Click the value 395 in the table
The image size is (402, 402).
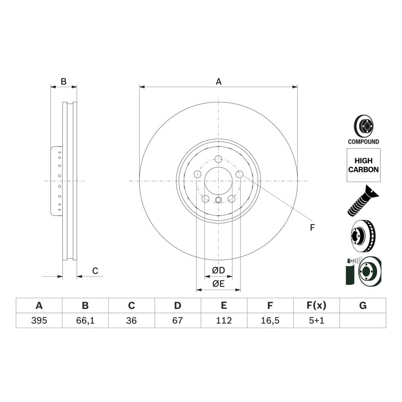click(39, 320)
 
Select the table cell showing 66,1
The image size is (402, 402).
click(85, 320)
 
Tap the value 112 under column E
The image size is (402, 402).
click(224, 320)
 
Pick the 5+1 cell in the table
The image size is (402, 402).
click(316, 320)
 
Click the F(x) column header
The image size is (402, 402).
click(316, 306)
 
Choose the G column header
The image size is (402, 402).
click(363, 306)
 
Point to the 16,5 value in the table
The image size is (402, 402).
click(270, 320)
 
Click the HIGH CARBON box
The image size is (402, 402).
click(363, 165)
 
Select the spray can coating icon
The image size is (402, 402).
click(351, 272)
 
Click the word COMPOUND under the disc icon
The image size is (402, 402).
click(363, 142)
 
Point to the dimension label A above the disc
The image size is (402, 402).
click(218, 82)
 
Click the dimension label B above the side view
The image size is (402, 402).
click(64, 82)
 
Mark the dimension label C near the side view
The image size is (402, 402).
click(95, 271)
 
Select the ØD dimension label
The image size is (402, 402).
click(218, 270)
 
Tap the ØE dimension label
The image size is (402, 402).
click(218, 284)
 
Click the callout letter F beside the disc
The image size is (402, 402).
click(312, 228)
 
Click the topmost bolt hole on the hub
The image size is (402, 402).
click(218, 159)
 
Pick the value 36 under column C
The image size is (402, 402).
click(131, 320)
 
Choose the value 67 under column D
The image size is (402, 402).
click(178, 320)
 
